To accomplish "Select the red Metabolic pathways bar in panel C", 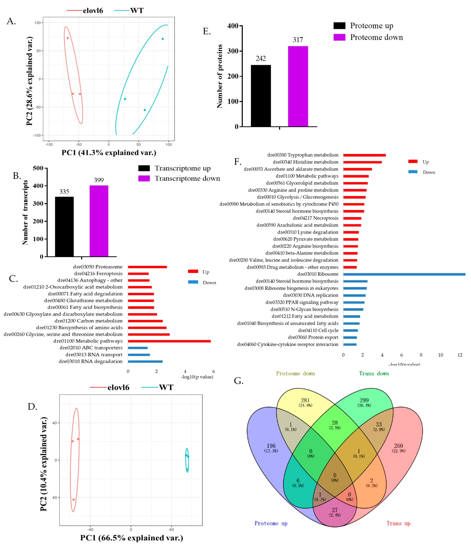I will click(x=169, y=341).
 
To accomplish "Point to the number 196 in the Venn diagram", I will click(x=271, y=446).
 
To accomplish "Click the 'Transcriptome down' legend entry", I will click(x=187, y=178).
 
